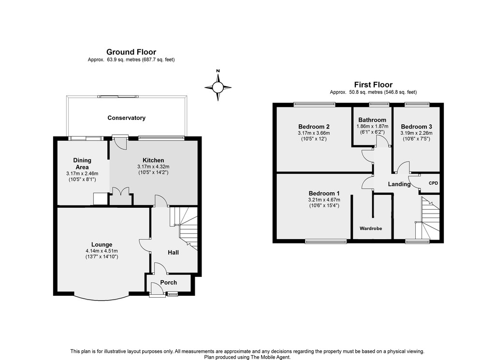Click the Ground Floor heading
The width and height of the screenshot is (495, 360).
click(131, 52)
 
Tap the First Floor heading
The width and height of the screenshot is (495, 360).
click(373, 85)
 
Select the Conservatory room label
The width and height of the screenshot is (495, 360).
click(126, 118)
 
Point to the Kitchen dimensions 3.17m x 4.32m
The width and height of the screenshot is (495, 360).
click(153, 167)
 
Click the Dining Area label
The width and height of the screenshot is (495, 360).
click(82, 164)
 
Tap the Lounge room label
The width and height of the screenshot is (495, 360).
click(102, 245)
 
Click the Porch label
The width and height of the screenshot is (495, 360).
click(169, 282)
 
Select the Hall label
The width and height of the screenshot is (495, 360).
click(174, 252)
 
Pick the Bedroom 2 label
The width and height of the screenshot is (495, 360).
click(314, 127)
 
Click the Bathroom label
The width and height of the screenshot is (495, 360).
click(372, 120)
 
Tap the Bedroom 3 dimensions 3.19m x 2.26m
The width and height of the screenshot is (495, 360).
click(416, 133)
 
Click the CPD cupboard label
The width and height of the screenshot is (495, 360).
click(434, 183)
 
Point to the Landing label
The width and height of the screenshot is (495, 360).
click(399, 184)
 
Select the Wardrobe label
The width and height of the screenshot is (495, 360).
click(371, 228)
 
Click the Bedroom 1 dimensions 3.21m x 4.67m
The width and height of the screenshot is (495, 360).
click(324, 200)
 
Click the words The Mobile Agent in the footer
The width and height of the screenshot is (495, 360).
click(270, 357)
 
